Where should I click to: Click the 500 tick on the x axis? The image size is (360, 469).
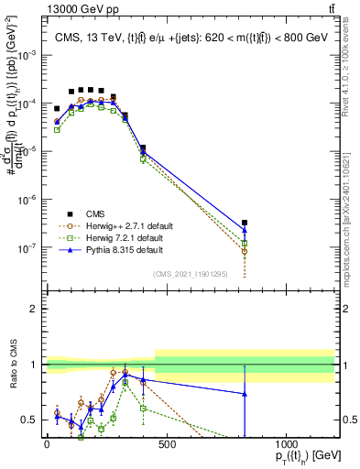(x=166, y=444)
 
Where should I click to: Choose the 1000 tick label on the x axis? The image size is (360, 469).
(x=286, y=444)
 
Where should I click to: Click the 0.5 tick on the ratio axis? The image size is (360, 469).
(x=30, y=420)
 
